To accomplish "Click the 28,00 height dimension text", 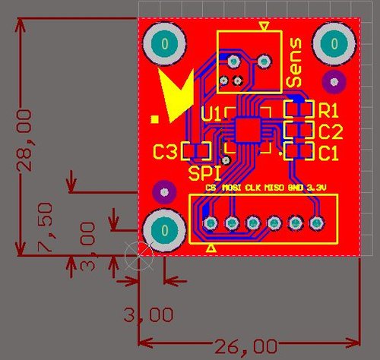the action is [x=25, y=141].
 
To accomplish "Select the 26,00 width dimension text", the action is [x=245, y=347].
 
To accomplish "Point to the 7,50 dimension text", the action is [x=46, y=227].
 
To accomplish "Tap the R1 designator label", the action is [x=328, y=110].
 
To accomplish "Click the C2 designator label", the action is [x=331, y=131].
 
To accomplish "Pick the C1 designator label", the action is [x=328, y=153].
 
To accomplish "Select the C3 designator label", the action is [x=165, y=152].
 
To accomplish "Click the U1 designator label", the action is [x=211, y=114].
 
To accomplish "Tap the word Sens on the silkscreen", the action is [x=294, y=62].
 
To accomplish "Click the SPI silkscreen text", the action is [x=204, y=173].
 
